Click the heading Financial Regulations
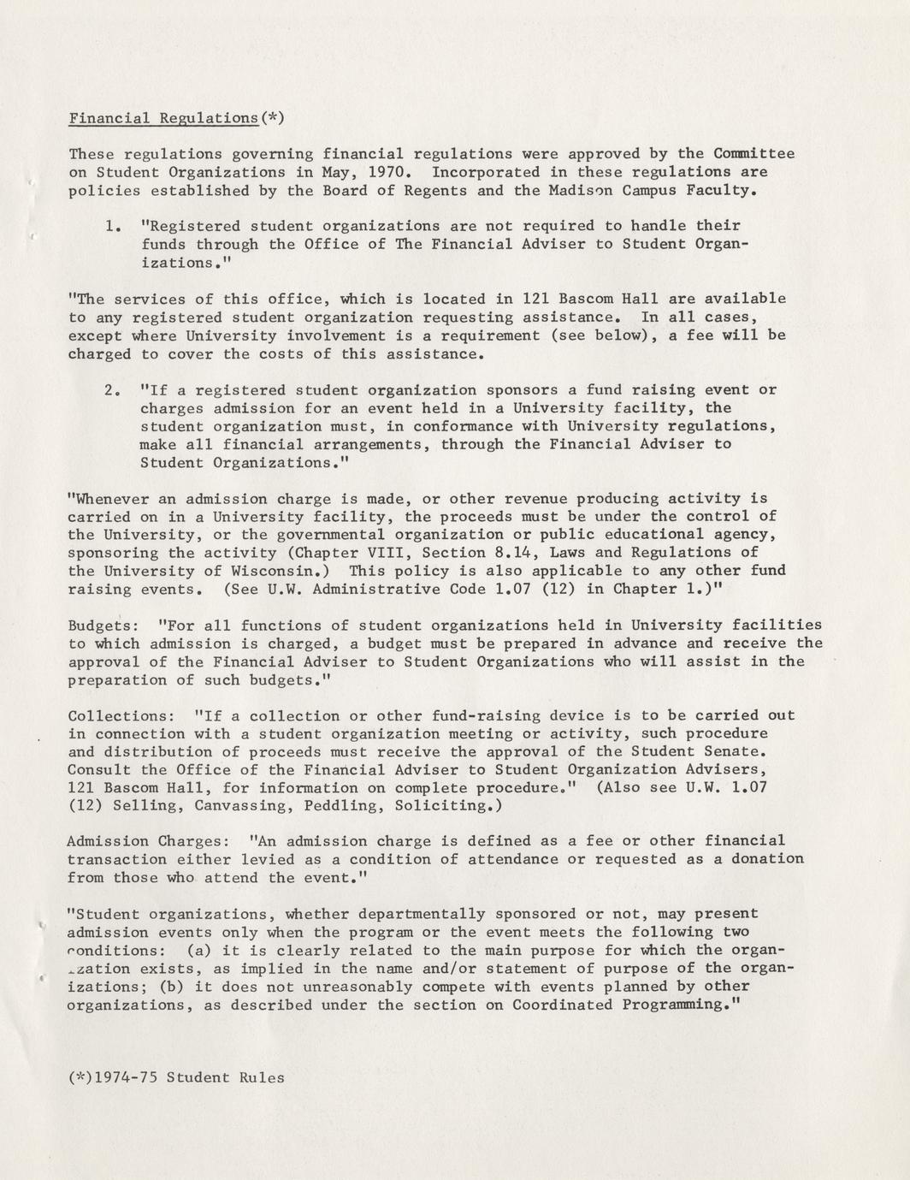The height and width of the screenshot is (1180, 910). [x=162, y=118]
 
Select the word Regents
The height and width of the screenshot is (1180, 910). [x=434, y=191]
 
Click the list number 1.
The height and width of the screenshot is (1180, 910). [x=110, y=227]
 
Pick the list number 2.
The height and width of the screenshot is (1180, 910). [x=110, y=390]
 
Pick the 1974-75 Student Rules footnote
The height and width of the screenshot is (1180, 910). [x=176, y=1077]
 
